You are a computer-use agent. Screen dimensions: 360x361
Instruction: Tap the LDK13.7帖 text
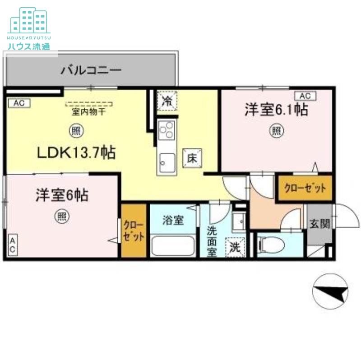tap(76, 152)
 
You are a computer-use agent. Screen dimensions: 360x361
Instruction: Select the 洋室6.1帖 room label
tap(276, 110)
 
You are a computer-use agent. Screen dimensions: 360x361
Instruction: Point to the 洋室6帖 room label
tap(62, 195)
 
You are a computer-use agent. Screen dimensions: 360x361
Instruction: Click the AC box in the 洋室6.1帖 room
tap(305, 96)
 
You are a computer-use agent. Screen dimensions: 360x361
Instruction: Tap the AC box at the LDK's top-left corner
tap(19, 103)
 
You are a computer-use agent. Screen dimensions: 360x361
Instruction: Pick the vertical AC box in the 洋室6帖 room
tap(13, 245)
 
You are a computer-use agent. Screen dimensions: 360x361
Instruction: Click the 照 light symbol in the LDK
tap(75, 131)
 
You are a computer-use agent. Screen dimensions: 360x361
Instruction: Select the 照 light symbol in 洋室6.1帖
tap(277, 131)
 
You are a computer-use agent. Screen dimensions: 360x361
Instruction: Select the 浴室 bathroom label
tap(173, 220)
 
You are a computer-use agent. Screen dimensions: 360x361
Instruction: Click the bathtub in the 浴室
tap(173, 245)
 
